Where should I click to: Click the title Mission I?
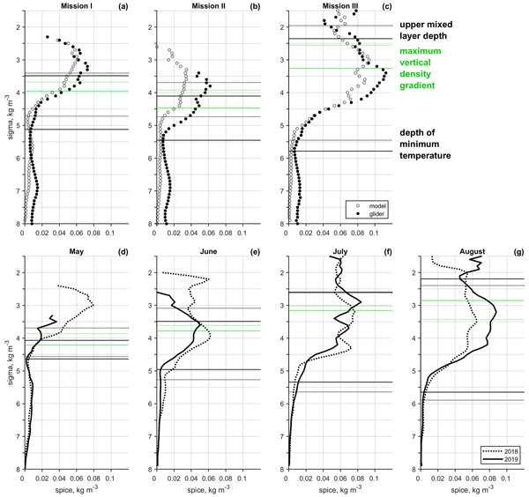[x=67, y=7]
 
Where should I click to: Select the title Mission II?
[x=198, y=7]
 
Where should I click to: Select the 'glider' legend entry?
[x=361, y=215]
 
